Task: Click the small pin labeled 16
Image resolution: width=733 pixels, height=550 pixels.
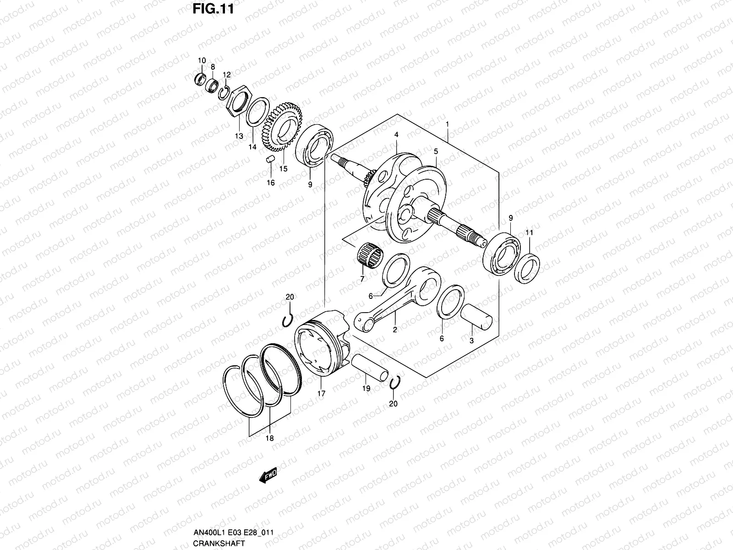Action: [x=270, y=159]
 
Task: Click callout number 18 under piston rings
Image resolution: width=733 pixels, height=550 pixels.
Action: [x=269, y=438]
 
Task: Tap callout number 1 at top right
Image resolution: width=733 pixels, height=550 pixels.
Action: [x=447, y=111]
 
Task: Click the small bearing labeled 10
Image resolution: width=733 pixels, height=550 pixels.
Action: [x=200, y=79]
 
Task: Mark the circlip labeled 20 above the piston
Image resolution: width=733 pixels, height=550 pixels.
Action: [x=287, y=320]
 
